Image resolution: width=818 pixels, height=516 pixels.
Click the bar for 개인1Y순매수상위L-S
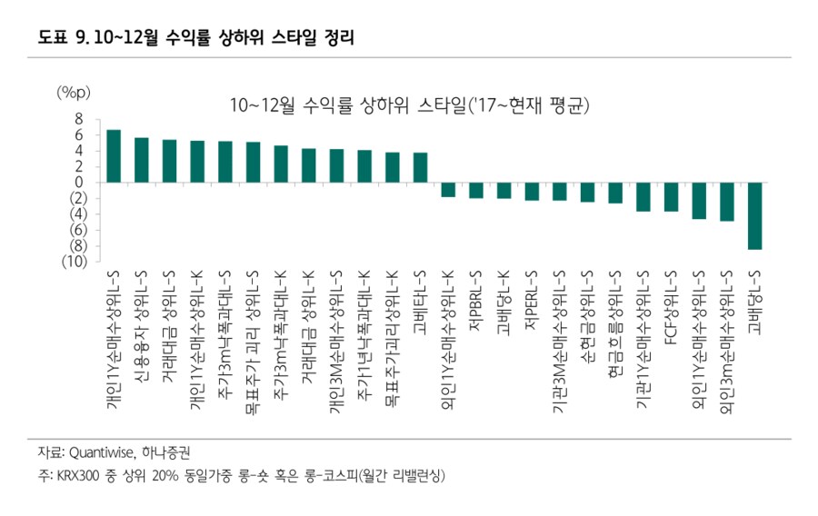(x=114, y=155)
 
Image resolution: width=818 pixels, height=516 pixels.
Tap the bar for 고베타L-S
(x=420, y=167)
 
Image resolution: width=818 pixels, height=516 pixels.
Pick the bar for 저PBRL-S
(x=475, y=190)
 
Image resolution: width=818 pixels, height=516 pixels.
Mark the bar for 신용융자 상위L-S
(x=142, y=160)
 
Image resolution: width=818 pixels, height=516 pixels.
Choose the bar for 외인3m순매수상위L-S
(x=726, y=202)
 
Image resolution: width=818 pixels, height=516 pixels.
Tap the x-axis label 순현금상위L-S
(x=587, y=313)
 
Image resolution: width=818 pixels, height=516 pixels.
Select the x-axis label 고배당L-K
(x=504, y=300)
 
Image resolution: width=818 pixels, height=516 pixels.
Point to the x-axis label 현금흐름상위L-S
(x=615, y=317)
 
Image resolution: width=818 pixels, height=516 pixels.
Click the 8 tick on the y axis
(x=79, y=118)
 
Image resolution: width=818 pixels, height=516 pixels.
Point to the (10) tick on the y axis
(x=73, y=262)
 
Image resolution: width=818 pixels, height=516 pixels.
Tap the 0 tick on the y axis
(x=79, y=182)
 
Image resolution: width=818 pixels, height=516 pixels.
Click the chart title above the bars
(x=411, y=105)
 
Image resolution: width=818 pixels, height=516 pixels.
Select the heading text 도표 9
(x=63, y=38)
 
